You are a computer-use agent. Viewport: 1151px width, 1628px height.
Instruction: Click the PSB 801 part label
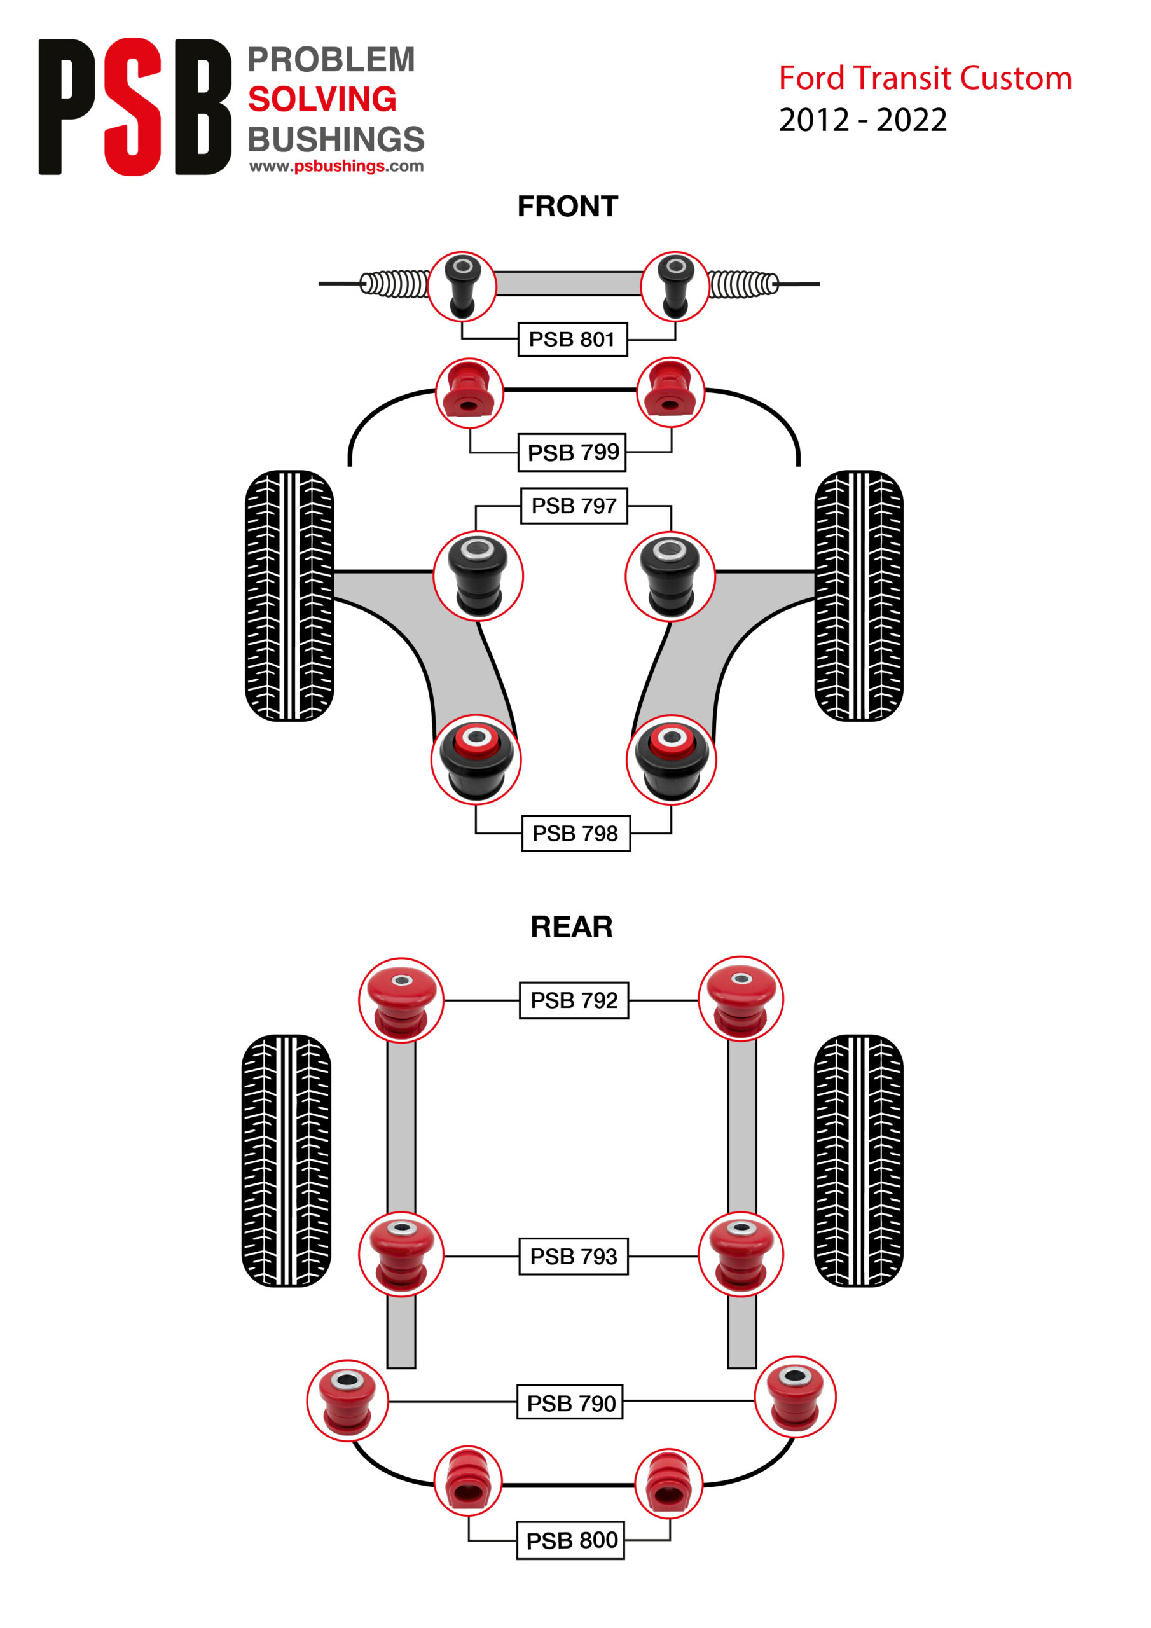572,339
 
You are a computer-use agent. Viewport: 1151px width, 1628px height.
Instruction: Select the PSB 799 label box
572,452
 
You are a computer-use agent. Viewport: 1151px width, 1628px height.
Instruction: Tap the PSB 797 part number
574,506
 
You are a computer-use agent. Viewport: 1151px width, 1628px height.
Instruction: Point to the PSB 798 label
575,833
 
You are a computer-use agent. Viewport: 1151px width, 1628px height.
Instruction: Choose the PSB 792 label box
574,1000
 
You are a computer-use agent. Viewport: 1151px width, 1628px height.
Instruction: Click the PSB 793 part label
573,1256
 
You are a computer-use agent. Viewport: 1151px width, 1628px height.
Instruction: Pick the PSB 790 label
570,1402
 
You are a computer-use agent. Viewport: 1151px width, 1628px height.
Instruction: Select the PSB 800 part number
571,1540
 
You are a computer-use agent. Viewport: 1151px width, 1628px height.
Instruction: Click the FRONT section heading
567,206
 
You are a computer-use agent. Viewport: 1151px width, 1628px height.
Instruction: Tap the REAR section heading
572,926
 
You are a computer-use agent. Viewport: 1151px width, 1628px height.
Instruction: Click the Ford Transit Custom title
925,78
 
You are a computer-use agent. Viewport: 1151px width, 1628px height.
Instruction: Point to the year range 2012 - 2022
862,120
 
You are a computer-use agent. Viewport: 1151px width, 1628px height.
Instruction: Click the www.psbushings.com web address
336,166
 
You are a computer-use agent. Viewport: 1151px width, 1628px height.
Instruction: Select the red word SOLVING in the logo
322,99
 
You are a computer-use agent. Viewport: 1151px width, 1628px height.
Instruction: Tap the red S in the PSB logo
133,106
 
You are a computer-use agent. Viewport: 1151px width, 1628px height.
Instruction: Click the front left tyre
289,596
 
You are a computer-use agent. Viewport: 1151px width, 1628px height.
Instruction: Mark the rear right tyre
858,1160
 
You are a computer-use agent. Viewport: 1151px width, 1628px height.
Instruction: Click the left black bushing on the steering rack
462,286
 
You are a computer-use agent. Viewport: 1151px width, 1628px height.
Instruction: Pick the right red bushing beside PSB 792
741,998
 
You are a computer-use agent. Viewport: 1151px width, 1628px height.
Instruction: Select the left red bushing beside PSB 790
347,1400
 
